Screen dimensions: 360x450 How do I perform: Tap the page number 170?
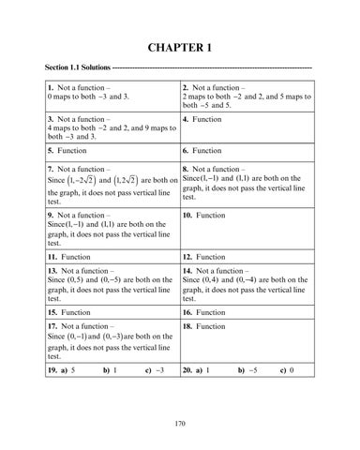point(179,425)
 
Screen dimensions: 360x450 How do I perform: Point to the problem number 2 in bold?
point(187,88)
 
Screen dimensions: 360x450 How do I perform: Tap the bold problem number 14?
point(188,271)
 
